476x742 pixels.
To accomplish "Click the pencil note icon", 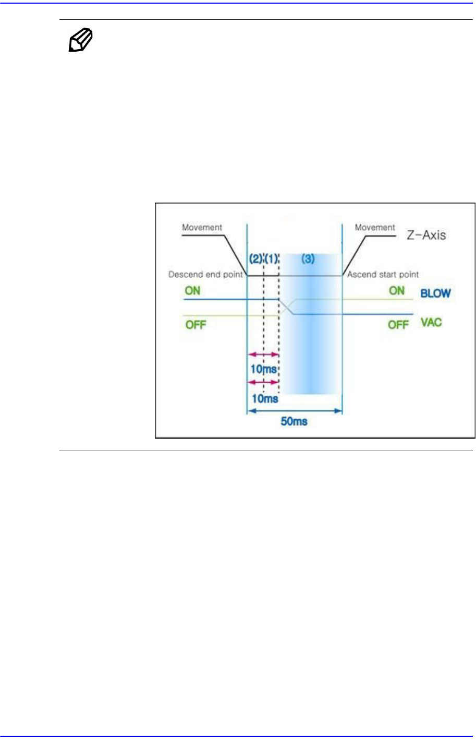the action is pos(81,41).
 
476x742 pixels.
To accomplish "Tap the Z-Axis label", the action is pos(426,235).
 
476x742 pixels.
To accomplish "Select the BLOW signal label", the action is pos(435,293).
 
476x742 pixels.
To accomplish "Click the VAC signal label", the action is pos(431,322).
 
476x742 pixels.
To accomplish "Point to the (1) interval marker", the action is pos(272,258).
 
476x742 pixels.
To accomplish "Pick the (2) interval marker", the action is pos(255,258).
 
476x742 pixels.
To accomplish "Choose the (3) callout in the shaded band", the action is pos(308,258).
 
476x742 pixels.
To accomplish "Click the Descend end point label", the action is pos(205,274).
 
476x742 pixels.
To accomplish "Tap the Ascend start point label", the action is pos(383,274).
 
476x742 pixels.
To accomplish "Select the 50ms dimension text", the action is pos(294,421).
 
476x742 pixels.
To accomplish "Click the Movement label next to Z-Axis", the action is pos(375,227).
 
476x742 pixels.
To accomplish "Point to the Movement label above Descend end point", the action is pos(202,227).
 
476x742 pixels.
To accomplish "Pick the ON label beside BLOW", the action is pos(397,290).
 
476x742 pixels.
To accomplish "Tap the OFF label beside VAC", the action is pos(398,325).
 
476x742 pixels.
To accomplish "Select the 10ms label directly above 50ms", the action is pos(265,399).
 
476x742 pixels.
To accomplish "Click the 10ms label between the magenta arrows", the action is pos(263,369).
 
